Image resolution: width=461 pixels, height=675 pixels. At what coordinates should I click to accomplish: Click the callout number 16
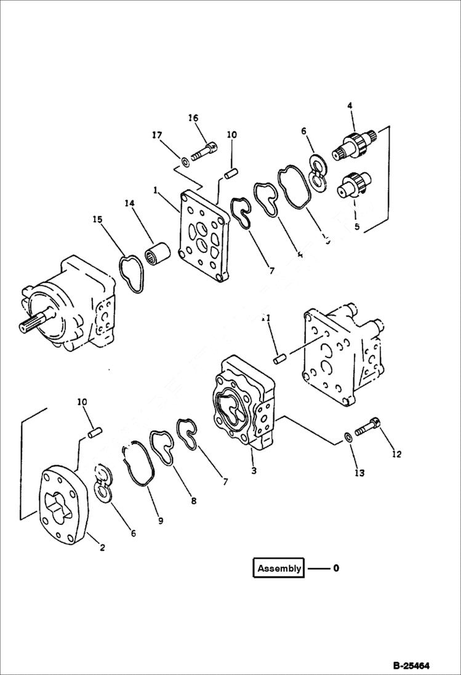[193, 118]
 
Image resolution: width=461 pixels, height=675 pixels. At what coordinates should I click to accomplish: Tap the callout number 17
[157, 135]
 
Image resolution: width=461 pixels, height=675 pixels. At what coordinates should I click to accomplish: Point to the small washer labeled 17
[184, 162]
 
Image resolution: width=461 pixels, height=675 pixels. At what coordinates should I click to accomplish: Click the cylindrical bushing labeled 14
[158, 254]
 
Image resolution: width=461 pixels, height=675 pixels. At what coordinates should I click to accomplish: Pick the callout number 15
[97, 219]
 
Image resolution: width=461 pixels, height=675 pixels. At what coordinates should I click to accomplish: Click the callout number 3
[254, 471]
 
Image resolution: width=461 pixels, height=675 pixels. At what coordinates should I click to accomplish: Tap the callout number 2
[102, 548]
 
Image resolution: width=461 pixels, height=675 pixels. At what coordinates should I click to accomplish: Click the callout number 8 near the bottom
[193, 501]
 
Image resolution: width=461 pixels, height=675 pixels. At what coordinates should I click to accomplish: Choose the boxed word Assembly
[279, 568]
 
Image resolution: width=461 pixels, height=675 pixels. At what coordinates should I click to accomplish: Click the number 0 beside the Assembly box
[336, 568]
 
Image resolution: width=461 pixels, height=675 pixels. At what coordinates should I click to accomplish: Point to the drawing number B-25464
[411, 665]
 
